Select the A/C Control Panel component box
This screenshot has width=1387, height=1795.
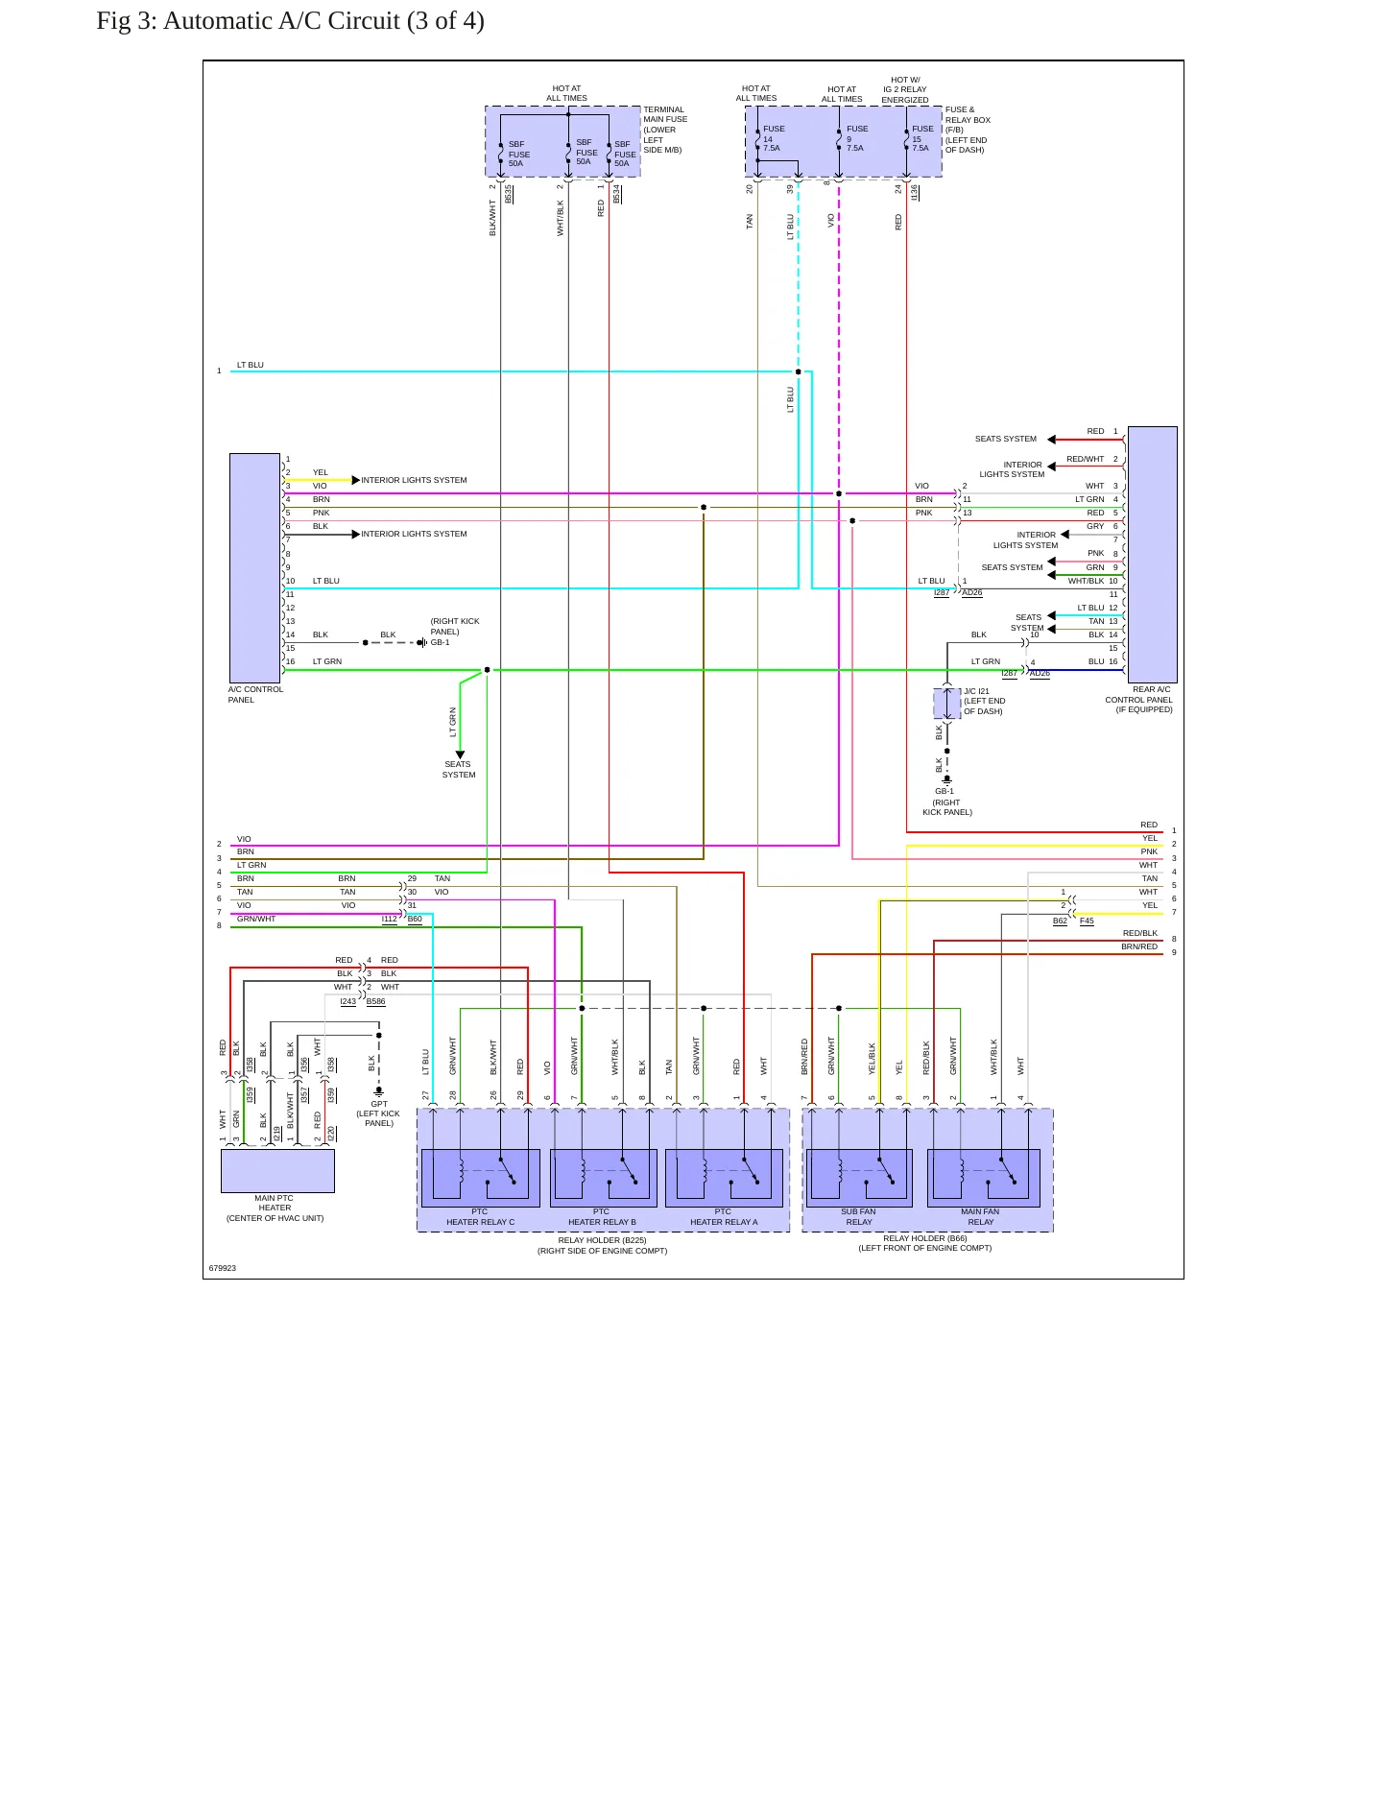click(254, 568)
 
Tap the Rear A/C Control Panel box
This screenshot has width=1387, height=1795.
click(1152, 555)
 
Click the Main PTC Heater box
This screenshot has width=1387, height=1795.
click(277, 1170)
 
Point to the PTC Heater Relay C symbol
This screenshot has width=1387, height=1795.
click(480, 1178)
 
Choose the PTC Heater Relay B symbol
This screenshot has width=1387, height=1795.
click(603, 1178)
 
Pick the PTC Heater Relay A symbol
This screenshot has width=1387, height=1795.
click(724, 1178)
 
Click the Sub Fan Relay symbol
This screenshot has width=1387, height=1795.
click(859, 1178)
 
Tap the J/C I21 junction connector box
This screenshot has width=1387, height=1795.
click(946, 704)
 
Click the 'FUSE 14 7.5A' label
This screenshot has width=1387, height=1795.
click(773, 138)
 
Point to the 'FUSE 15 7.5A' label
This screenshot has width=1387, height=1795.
click(921, 138)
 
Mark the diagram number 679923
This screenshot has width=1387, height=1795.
click(223, 1268)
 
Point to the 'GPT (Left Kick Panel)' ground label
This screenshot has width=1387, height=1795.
click(378, 1113)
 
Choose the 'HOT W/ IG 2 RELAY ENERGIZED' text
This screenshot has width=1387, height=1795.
click(905, 90)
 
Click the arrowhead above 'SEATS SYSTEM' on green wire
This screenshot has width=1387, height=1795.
click(460, 754)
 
